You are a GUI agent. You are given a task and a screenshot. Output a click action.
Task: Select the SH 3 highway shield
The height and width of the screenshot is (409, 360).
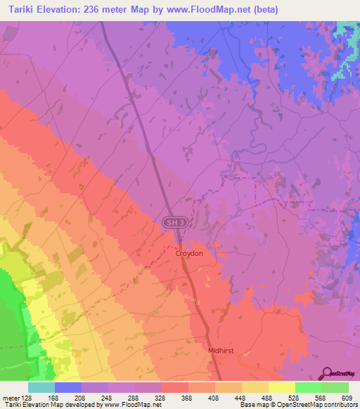coord(176,222)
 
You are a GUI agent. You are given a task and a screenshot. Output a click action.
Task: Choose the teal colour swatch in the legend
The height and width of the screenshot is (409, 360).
coord(41,387)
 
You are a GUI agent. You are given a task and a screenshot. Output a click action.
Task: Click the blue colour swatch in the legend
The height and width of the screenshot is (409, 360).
coord(68,387)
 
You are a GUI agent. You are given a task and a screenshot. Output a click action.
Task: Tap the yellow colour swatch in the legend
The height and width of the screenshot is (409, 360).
coord(282,387)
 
